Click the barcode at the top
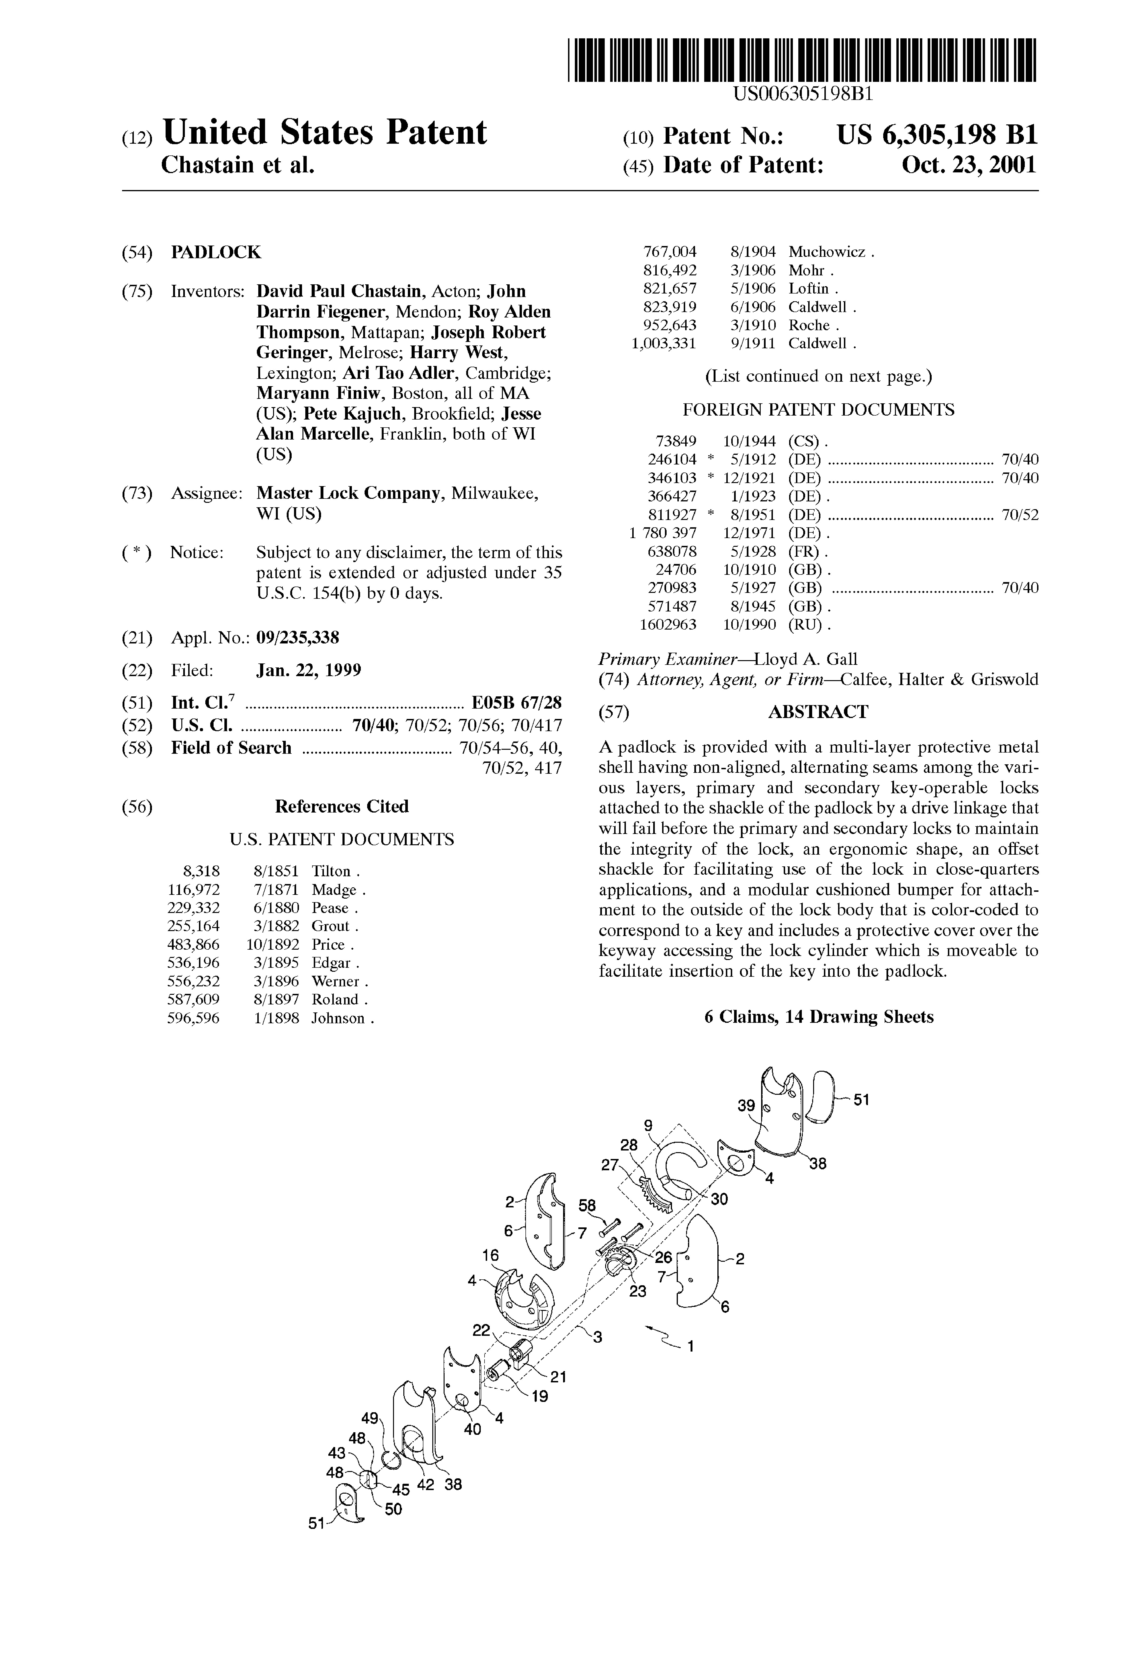(x=801, y=60)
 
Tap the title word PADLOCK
(x=216, y=252)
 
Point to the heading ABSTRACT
(x=818, y=712)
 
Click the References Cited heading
(x=341, y=806)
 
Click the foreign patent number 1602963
(x=668, y=624)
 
